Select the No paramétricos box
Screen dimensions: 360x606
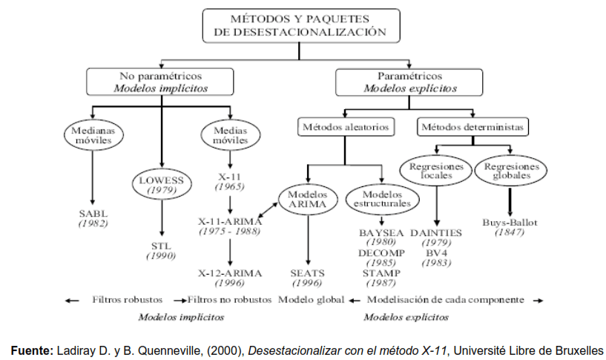(160, 82)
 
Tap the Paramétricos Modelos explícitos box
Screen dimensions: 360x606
(409, 82)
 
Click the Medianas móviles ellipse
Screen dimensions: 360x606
(92, 135)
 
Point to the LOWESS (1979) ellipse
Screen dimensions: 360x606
(160, 185)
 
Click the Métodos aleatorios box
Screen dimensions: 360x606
(345, 127)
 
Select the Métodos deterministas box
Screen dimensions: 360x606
(472, 127)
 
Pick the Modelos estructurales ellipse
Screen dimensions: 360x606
(381, 199)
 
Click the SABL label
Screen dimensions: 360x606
(93, 214)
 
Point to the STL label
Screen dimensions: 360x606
(160, 245)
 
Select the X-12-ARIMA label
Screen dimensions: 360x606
(230, 273)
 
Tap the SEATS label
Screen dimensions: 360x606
(307, 273)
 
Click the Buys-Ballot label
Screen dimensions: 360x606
(510, 222)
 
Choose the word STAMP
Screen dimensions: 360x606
(381, 273)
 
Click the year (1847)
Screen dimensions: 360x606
(510, 232)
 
